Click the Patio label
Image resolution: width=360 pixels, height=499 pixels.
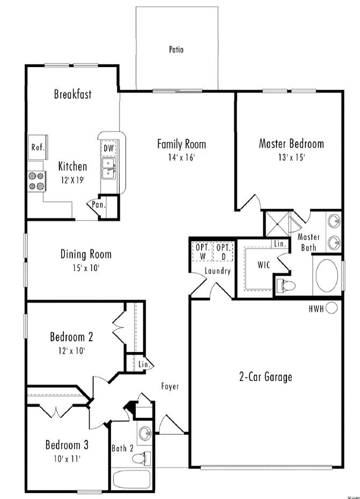click(176, 50)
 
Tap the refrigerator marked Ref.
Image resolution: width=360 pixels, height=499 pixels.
click(38, 147)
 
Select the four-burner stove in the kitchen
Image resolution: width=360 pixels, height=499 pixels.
click(36, 181)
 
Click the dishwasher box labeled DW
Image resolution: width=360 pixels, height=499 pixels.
click(108, 148)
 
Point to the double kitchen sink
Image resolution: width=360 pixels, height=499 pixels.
click(108, 169)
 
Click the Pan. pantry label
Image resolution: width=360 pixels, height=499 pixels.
click(99, 205)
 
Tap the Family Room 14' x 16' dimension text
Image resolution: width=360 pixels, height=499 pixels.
click(181, 157)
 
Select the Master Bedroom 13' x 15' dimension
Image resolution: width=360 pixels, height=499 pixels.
click(291, 157)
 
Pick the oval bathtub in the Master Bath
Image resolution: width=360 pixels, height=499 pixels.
click(327, 275)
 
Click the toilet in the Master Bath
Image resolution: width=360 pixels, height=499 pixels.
click(286, 285)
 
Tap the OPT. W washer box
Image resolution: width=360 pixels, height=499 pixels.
click(202, 252)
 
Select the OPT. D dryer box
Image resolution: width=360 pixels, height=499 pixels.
click(223, 252)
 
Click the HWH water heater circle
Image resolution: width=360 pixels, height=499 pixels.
click(332, 308)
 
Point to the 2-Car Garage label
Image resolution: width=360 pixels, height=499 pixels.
click(266, 377)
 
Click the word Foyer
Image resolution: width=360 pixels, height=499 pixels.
click(170, 386)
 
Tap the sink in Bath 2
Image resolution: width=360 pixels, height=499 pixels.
click(145, 433)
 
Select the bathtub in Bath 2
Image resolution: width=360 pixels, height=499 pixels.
click(132, 479)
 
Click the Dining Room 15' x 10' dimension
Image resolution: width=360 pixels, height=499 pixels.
click(86, 268)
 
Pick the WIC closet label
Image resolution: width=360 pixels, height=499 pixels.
click(263, 265)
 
